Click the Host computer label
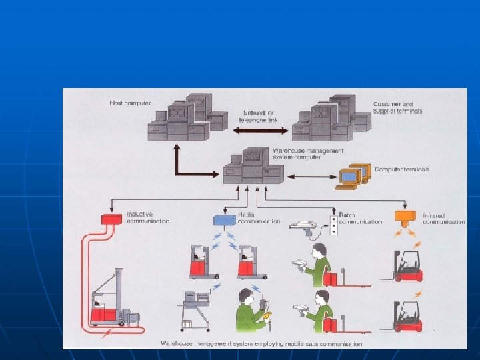pyautogui.click(x=130, y=103)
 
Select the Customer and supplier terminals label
pyautogui.click(x=397, y=107)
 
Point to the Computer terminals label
pyautogui.click(x=402, y=169)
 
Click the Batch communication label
pyautogui.click(x=360, y=218)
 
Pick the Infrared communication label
pyautogui.click(x=443, y=218)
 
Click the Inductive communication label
pyautogui.click(x=148, y=217)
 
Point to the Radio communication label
pyautogui.click(x=259, y=218)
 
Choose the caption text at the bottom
pyautogui.click(x=261, y=344)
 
